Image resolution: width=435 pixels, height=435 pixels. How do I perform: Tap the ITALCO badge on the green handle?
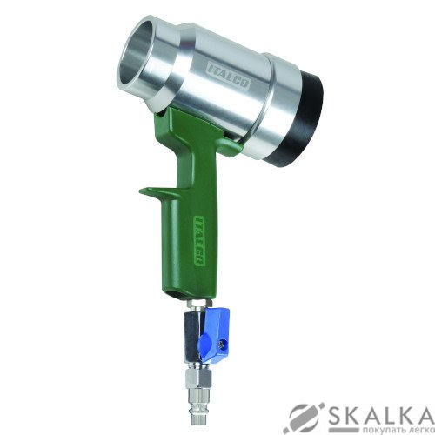click(199, 240)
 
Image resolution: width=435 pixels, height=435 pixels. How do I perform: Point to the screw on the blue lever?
click(223, 345)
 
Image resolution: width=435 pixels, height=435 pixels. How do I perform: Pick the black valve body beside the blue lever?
click(192, 338)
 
